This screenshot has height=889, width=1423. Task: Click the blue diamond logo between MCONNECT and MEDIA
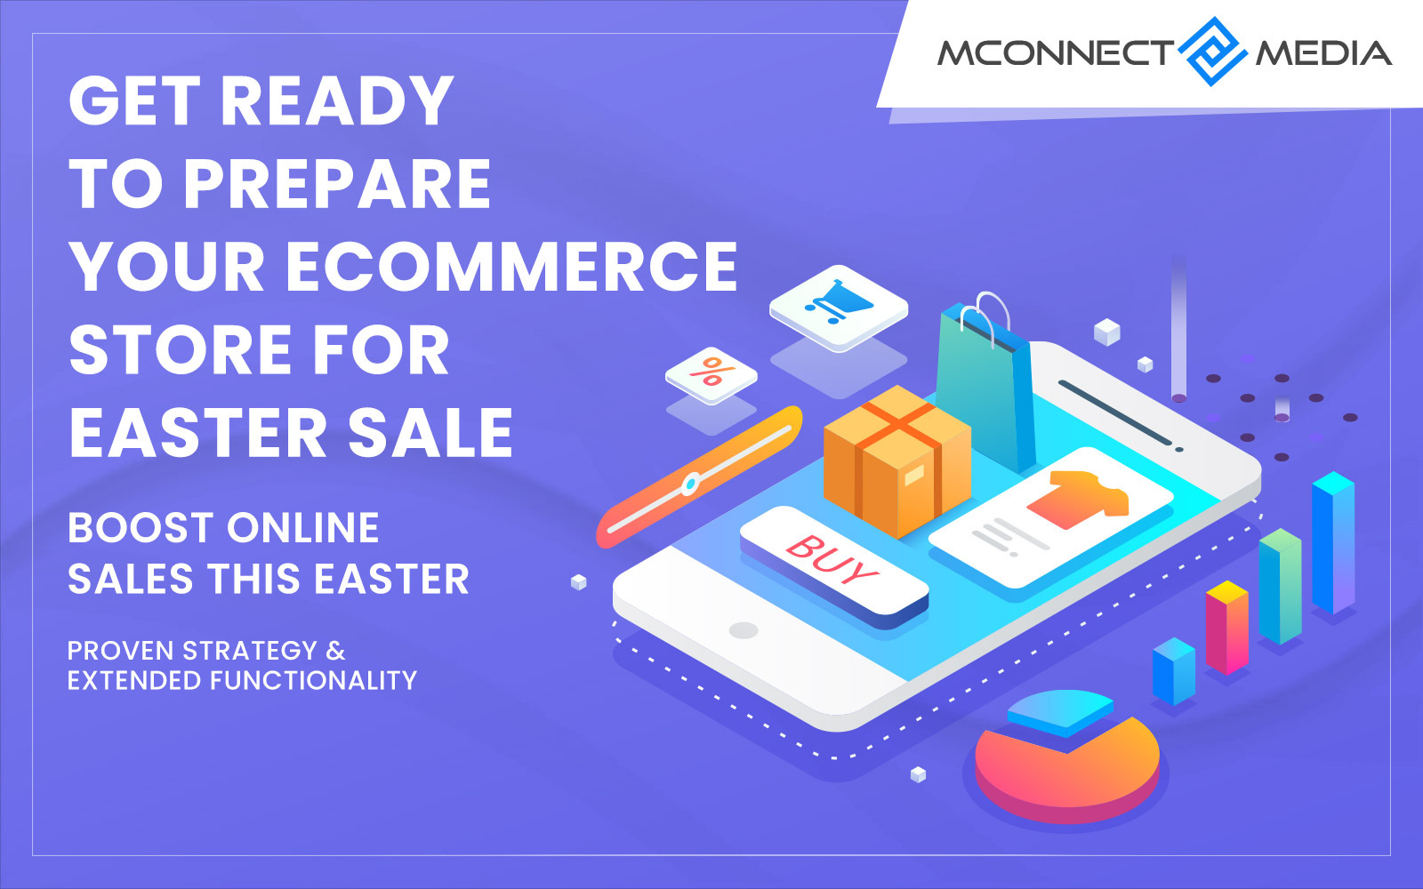pyautogui.click(x=1212, y=52)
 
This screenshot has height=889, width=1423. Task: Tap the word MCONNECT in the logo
pyautogui.click(x=1056, y=52)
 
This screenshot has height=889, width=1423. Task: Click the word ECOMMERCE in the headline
pyautogui.click(x=511, y=267)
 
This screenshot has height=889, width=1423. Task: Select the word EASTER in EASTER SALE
pyautogui.click(x=197, y=432)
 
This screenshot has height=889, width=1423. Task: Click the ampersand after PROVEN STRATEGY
pyautogui.click(x=335, y=651)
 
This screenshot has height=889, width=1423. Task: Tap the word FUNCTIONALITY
pyautogui.click(x=313, y=680)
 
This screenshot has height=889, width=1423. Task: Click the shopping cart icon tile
pyautogui.click(x=839, y=308)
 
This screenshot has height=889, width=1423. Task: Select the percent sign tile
pyautogui.click(x=711, y=374)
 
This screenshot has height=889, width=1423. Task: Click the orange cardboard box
pyautogui.click(x=897, y=461)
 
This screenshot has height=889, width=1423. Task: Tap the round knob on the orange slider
pyautogui.click(x=690, y=485)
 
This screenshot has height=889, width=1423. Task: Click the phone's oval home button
pyautogui.click(x=744, y=630)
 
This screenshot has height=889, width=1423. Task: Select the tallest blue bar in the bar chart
pyautogui.click(x=1333, y=543)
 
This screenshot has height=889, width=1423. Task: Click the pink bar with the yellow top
pyautogui.click(x=1226, y=628)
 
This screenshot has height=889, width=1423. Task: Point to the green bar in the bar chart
pyautogui.click(x=1280, y=586)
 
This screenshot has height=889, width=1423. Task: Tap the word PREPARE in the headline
pyautogui.click(x=337, y=184)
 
